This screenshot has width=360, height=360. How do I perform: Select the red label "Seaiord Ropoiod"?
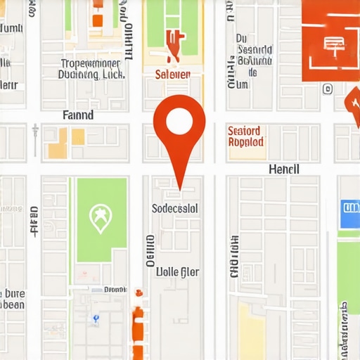click(245, 136)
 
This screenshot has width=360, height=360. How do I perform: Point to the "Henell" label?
click(284, 169)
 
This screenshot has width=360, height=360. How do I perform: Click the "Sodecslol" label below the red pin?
click(175, 208)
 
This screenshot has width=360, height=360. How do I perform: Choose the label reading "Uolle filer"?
click(176, 271)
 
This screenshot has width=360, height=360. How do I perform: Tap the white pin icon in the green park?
click(101, 218)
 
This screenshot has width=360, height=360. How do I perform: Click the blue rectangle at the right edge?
click(349, 214)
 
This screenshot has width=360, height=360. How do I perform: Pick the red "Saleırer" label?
click(172, 73)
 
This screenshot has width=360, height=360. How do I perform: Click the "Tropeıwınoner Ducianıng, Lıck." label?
click(92, 68)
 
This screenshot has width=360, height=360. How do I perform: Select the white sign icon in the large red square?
click(331, 45)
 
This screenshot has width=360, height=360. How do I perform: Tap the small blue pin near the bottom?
click(96, 319)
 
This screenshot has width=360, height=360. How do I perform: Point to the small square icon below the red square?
click(328, 89)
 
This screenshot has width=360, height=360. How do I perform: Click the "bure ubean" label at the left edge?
click(13, 299)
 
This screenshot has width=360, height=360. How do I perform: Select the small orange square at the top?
click(97, 20)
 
